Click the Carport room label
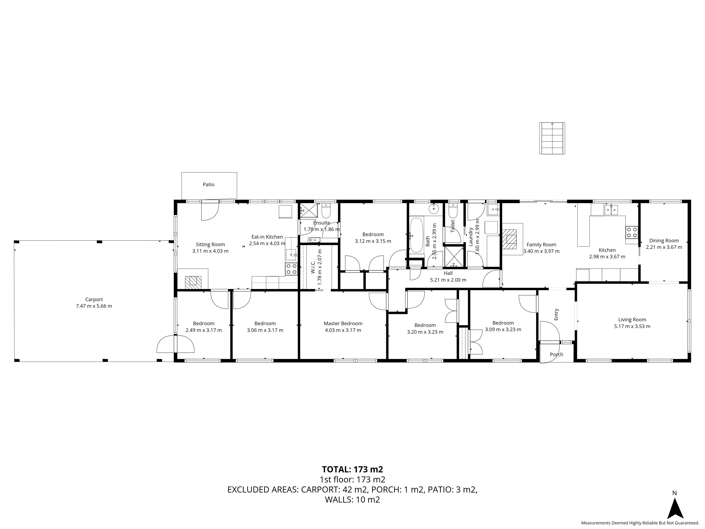coord(94,299)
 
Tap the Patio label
coord(209,184)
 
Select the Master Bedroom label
coord(343,323)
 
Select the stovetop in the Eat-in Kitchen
coord(291,269)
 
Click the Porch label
coord(556,354)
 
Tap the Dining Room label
coord(664,240)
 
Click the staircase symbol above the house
coord(552,138)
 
